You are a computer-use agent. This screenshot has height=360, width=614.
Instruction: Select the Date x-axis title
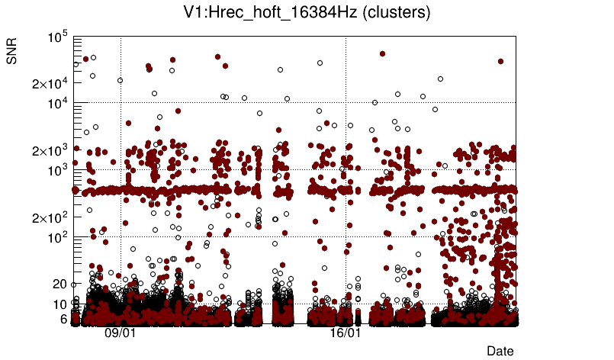(500, 351)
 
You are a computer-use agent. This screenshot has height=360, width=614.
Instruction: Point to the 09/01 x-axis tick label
(121, 334)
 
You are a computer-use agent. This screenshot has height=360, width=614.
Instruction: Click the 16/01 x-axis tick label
(346, 334)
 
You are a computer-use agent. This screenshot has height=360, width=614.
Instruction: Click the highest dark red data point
(382, 54)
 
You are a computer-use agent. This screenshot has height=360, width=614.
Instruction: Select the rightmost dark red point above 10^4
(500, 61)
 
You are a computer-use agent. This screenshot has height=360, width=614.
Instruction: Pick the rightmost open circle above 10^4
(440, 79)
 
